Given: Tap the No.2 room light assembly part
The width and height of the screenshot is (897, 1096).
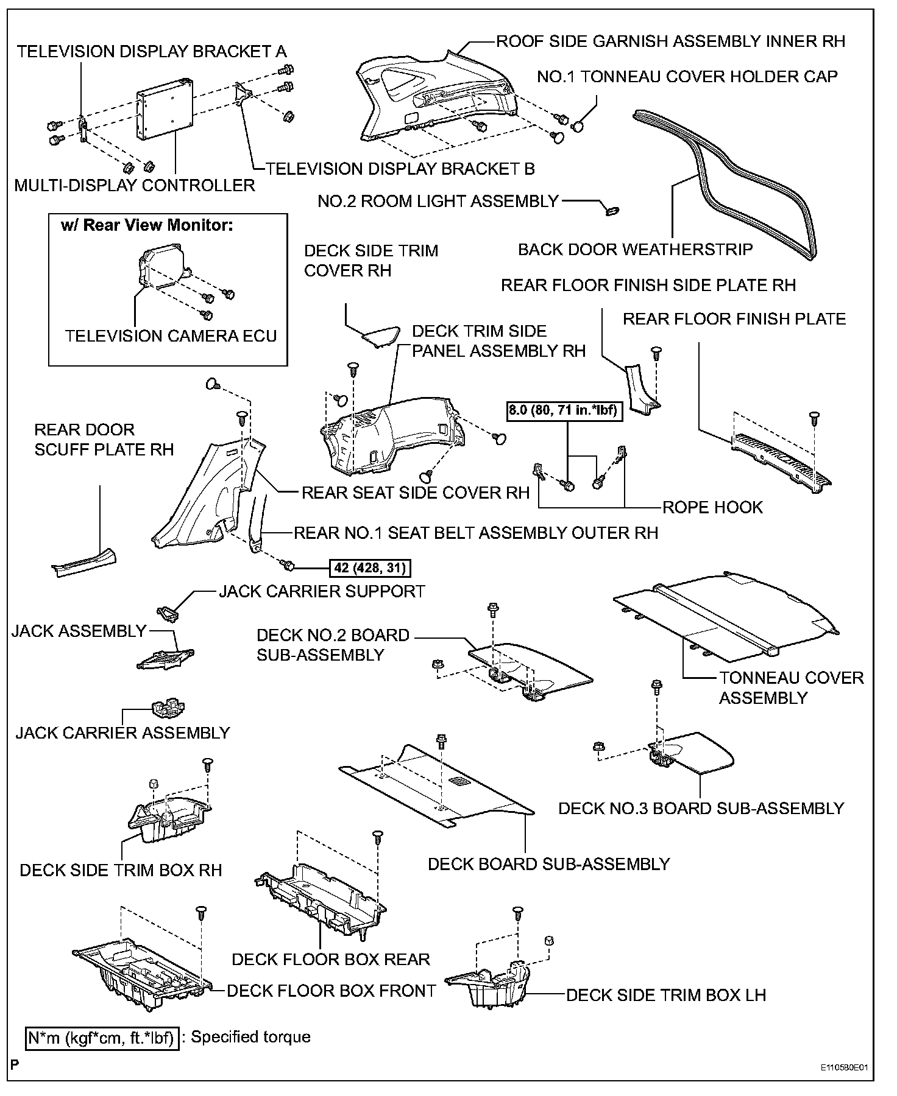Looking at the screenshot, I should pos(611,210).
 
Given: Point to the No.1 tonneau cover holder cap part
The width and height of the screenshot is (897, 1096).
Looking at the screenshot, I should pos(578,127).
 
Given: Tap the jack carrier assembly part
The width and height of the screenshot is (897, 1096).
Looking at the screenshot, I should pos(167,708).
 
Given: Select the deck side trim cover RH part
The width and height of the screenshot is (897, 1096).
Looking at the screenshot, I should pos(380,334).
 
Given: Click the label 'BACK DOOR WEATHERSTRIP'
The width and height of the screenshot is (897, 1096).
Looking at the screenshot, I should pos(635,249).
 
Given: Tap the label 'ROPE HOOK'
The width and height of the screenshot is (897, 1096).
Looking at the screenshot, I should pos(712,507).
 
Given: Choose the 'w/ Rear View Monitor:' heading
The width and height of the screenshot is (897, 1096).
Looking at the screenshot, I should pos(147,225).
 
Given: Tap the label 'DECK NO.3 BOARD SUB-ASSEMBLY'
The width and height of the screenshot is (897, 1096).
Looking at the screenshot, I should pos(701,809).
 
